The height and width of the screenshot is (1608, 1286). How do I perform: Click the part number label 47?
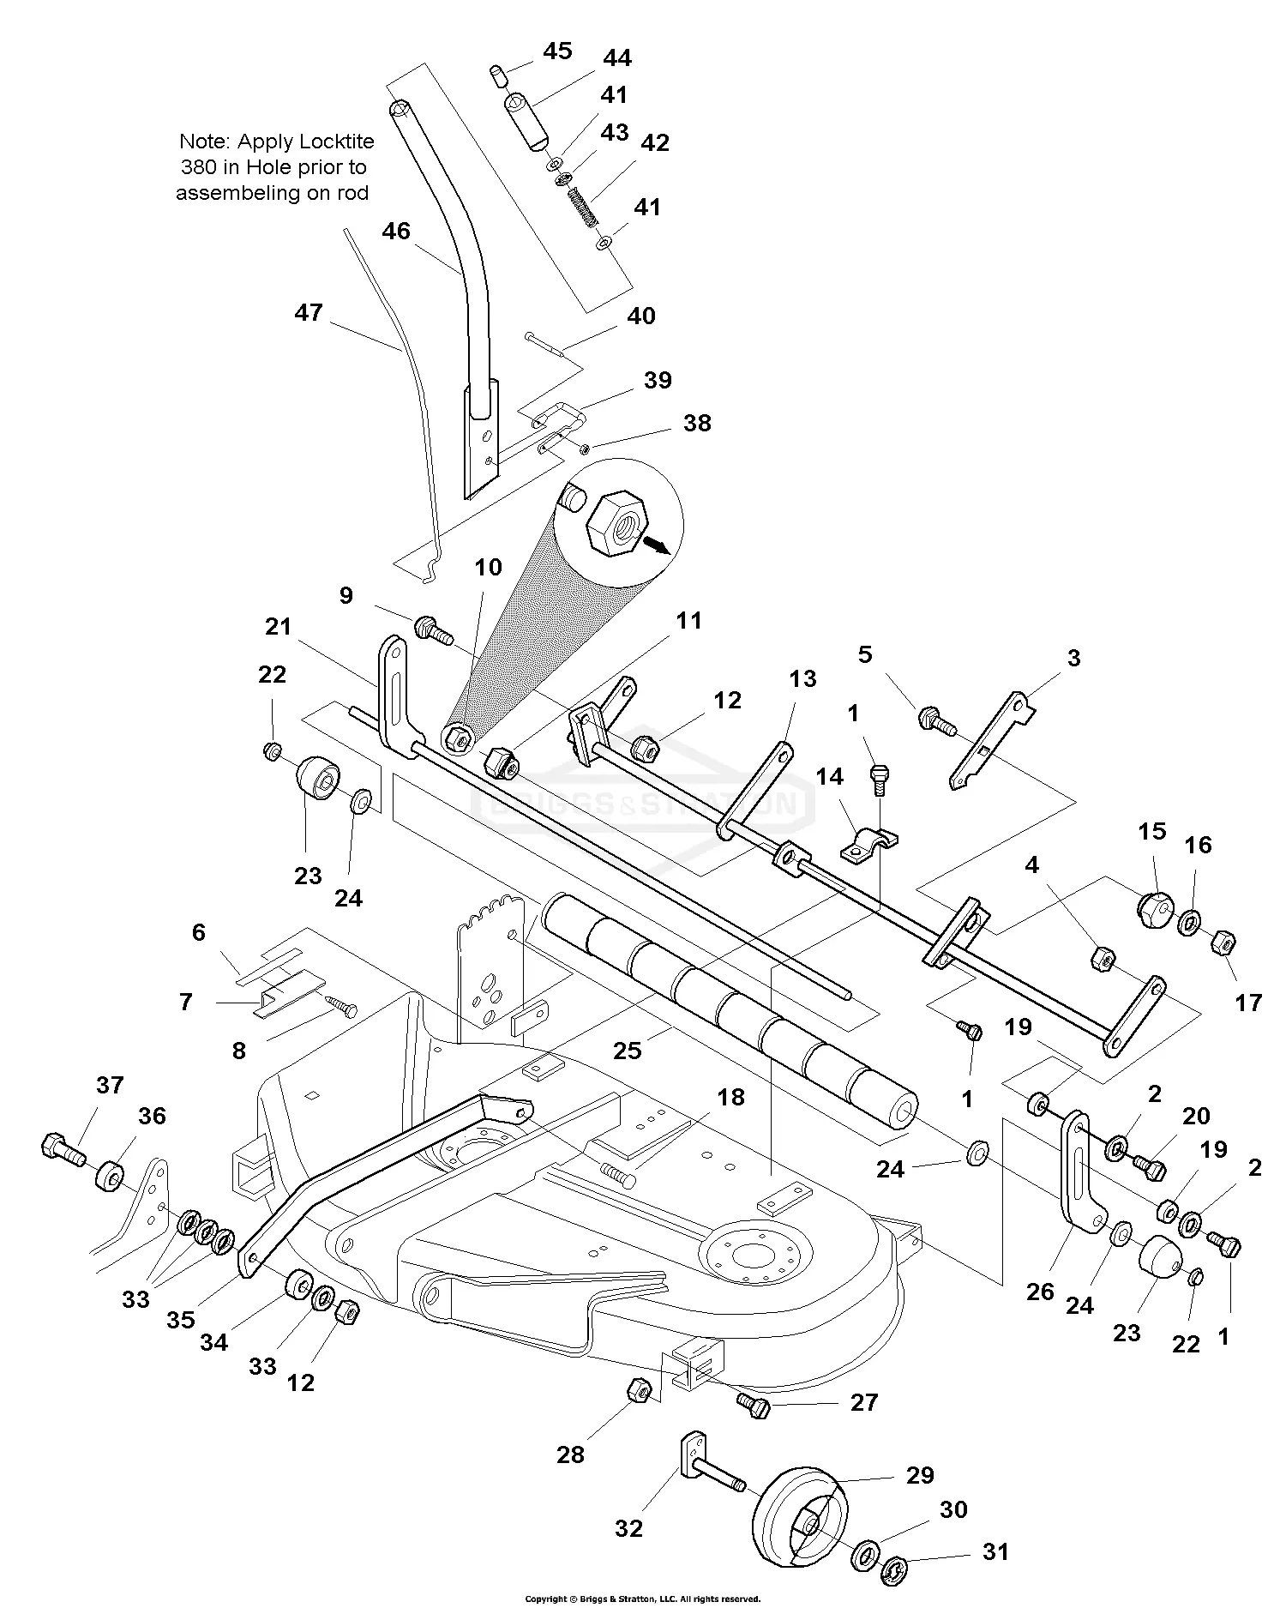[x=309, y=312]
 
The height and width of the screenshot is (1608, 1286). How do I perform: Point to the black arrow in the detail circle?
[x=657, y=545]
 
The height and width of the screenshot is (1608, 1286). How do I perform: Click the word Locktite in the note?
[x=333, y=141]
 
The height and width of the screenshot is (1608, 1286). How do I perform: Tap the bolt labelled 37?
[x=63, y=1148]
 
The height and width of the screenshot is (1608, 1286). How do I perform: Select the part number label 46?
[x=396, y=232]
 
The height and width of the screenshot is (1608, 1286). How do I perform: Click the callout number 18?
[x=731, y=1097]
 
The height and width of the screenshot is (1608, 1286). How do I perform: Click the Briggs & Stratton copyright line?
[x=642, y=1599]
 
